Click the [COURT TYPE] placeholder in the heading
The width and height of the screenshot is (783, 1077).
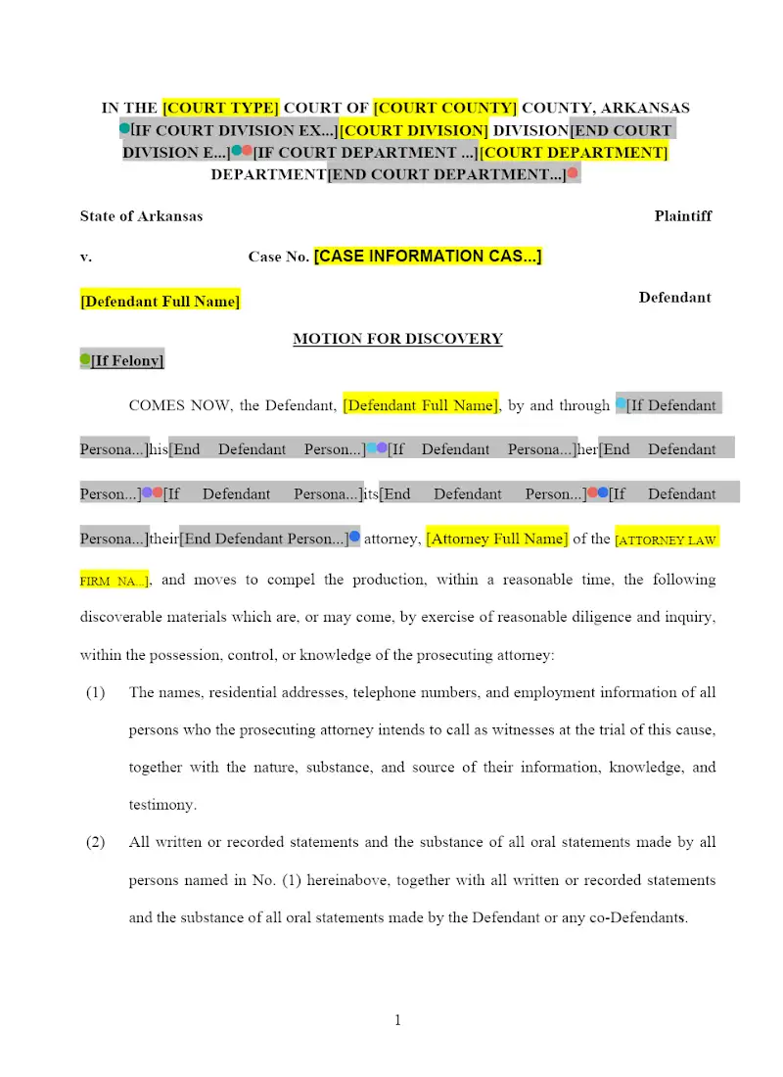click(x=220, y=108)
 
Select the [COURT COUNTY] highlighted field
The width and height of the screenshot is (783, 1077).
click(x=445, y=108)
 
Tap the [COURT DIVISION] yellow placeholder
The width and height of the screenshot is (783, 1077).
click(x=413, y=130)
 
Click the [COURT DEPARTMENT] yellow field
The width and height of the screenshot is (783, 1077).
click(x=574, y=153)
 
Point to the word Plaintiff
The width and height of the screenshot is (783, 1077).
click(x=682, y=215)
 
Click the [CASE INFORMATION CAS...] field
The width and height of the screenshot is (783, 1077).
click(x=428, y=257)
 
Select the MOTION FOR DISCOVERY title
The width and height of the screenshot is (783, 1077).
click(x=397, y=339)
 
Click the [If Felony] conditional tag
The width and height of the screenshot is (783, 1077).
click(x=127, y=361)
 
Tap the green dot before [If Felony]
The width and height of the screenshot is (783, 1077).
click(x=85, y=360)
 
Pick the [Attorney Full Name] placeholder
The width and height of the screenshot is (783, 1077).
click(x=497, y=538)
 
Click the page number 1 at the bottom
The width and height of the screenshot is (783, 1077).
click(x=397, y=1020)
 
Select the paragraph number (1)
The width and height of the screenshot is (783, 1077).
click(x=95, y=692)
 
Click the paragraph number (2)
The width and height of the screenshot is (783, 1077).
click(x=95, y=842)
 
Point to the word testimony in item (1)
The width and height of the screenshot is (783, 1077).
click(x=161, y=805)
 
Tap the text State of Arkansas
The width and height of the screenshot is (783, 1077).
click(x=141, y=215)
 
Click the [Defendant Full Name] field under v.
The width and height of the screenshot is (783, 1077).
click(x=160, y=302)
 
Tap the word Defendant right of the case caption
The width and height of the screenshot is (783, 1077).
click(x=674, y=298)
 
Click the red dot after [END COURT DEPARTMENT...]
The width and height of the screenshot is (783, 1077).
click(x=573, y=173)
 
